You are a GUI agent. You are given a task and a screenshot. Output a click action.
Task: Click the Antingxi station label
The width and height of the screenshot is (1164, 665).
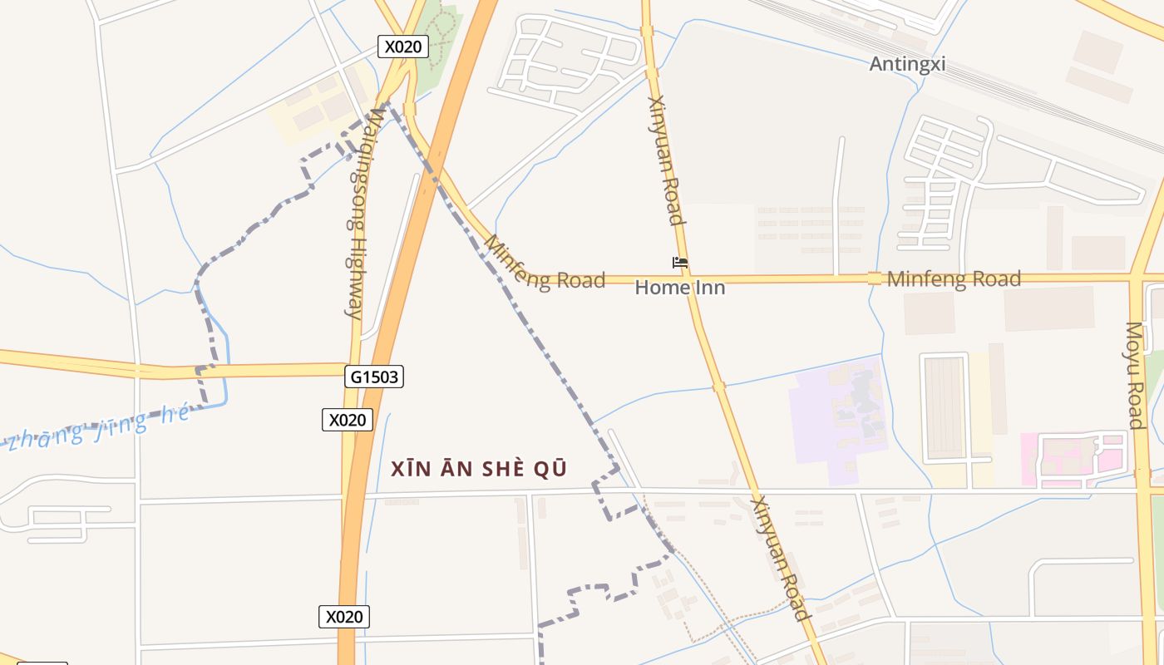(907, 64)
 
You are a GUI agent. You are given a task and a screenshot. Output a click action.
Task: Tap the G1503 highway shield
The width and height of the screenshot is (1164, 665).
(374, 377)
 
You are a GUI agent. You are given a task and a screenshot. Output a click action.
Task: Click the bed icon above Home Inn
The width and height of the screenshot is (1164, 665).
(680, 263)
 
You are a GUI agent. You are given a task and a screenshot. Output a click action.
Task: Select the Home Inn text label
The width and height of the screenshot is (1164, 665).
(680, 288)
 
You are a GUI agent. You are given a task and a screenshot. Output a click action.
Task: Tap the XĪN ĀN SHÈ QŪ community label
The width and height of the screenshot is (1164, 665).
(479, 469)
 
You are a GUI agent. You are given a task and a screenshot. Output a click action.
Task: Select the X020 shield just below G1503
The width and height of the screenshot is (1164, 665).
(348, 420)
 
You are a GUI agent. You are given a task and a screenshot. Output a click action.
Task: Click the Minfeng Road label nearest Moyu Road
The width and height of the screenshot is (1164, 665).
(954, 279)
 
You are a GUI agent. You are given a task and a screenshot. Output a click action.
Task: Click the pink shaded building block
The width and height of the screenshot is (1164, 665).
(1073, 459)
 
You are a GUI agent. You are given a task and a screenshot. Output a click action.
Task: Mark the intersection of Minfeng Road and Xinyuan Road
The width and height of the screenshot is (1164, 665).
(688, 278)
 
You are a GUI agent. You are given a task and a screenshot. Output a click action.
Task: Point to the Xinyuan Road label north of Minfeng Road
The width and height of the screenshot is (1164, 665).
(666, 161)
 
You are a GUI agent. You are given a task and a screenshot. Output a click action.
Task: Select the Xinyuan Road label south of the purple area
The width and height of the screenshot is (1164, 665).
(780, 559)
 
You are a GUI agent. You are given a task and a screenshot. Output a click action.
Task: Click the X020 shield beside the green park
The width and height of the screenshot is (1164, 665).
(403, 47)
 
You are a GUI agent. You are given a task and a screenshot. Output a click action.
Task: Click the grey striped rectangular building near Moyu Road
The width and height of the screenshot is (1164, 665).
(944, 407)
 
